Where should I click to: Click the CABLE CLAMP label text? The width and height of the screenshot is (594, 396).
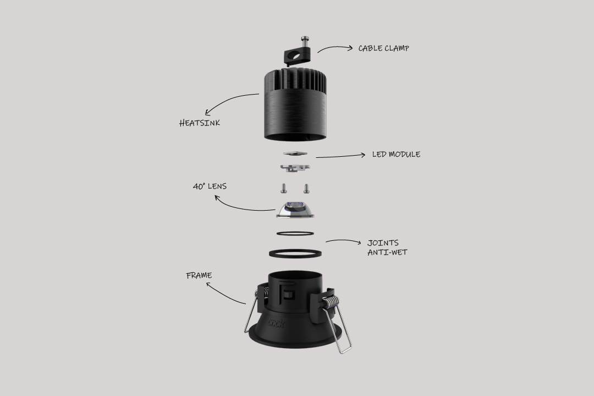coord(383,48)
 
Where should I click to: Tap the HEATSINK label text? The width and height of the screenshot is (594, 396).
coord(200,123)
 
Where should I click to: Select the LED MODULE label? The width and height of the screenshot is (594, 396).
coord(396,155)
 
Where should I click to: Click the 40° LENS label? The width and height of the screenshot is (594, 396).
coord(210,187)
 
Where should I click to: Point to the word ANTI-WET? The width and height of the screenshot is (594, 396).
coord(387,252)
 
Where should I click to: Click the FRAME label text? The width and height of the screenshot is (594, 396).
coord(199,276)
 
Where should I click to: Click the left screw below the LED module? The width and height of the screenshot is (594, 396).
coord(284,188)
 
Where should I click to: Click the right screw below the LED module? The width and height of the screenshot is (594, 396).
coord(305,188)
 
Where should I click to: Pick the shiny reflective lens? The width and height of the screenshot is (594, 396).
coord(295,209)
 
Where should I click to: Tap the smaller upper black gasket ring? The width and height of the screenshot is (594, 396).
coord(295,234)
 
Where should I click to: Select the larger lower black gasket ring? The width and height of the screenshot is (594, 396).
coord(295,254)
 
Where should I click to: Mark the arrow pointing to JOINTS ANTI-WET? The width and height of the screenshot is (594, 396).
coord(343,241)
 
